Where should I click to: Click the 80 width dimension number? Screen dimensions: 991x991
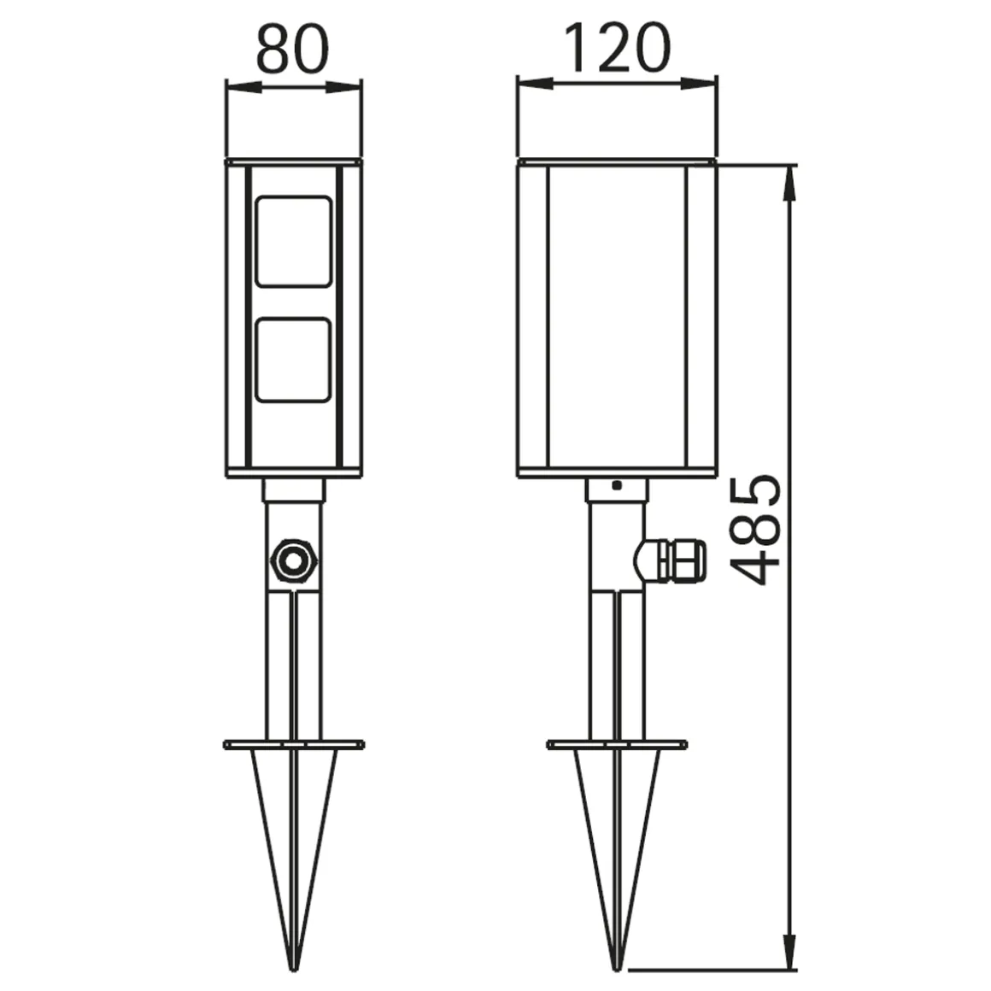pyautogui.click(x=292, y=49)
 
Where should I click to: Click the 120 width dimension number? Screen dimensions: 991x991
pyautogui.click(x=617, y=49)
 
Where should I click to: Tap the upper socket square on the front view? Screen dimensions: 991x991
pyautogui.click(x=293, y=241)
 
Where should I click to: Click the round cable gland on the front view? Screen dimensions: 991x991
pyautogui.click(x=293, y=562)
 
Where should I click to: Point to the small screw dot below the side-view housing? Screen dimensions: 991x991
pyautogui.click(x=616, y=486)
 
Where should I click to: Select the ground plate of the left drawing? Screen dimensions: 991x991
pyautogui.click(x=293, y=745)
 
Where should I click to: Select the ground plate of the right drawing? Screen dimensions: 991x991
pyautogui.click(x=616, y=745)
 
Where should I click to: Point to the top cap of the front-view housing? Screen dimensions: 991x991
pyautogui.click(x=293, y=161)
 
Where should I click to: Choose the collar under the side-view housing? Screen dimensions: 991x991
pyautogui.click(x=616, y=490)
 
